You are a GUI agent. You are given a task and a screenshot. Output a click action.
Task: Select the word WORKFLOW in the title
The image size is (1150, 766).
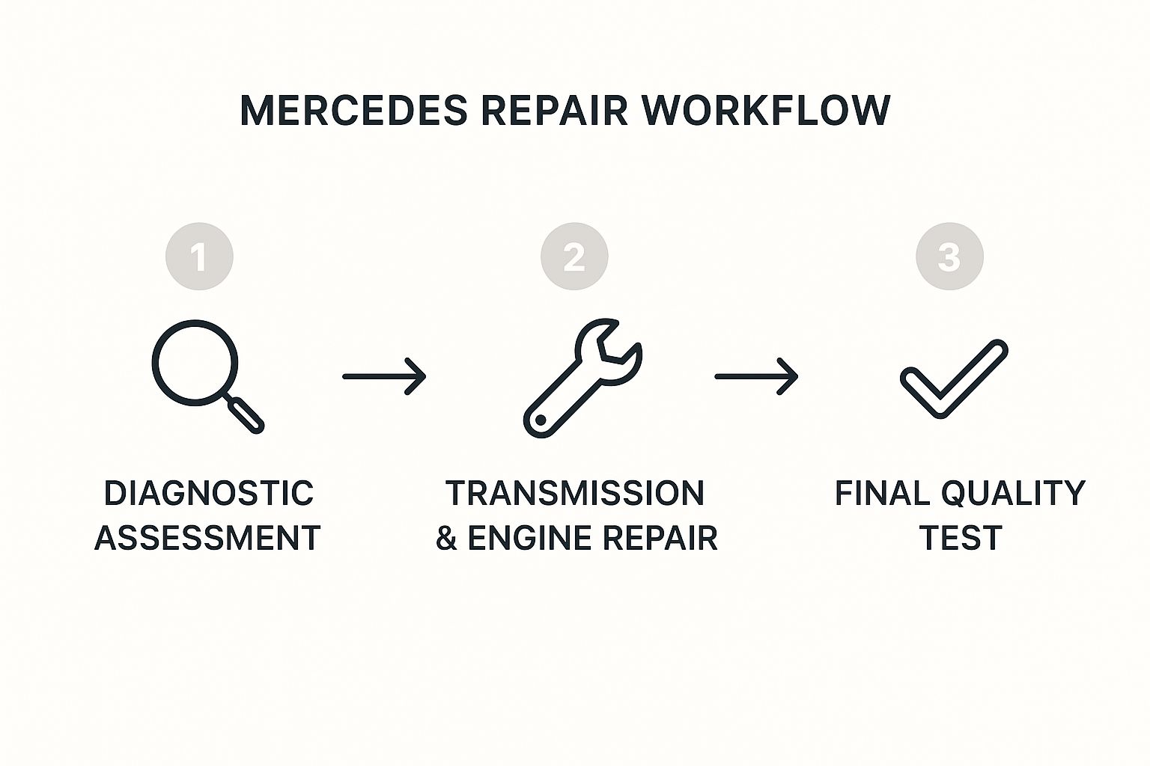click(x=766, y=111)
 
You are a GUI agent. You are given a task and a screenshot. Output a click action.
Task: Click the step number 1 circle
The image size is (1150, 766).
click(x=199, y=257)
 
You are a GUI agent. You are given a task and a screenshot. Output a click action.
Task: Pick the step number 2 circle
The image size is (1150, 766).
click(x=574, y=257)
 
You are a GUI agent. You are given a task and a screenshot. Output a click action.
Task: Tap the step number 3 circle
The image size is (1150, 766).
click(x=949, y=257)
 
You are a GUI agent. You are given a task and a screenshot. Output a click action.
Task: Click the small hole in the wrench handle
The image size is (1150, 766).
click(x=539, y=421)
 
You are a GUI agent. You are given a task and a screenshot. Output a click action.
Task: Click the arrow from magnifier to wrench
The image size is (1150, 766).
click(x=384, y=376)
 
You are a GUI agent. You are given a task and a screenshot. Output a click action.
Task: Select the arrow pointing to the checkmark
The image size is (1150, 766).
click(x=756, y=376)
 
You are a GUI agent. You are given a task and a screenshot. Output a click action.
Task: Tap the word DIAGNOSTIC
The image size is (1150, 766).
click(x=208, y=494)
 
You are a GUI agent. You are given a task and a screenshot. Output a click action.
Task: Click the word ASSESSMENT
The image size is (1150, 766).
click(x=207, y=539)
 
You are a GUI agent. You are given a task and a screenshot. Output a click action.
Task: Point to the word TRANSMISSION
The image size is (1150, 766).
click(x=575, y=494)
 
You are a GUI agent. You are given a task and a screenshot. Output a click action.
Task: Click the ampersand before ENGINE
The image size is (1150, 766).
click(x=446, y=539)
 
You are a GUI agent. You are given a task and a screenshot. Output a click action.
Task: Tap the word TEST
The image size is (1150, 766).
click(x=960, y=539)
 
